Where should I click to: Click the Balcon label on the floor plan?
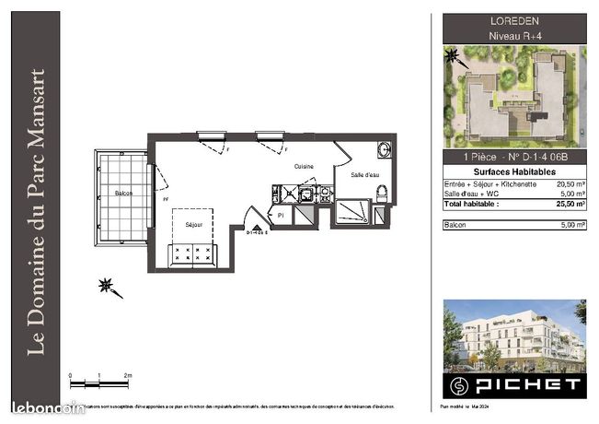[x=123, y=193]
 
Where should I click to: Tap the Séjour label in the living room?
[x=193, y=224]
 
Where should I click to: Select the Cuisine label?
[x=305, y=166]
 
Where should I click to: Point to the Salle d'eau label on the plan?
[x=365, y=174]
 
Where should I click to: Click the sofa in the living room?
[x=193, y=256]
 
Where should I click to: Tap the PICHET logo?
[x=513, y=383]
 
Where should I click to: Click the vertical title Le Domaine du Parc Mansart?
[x=38, y=212]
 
